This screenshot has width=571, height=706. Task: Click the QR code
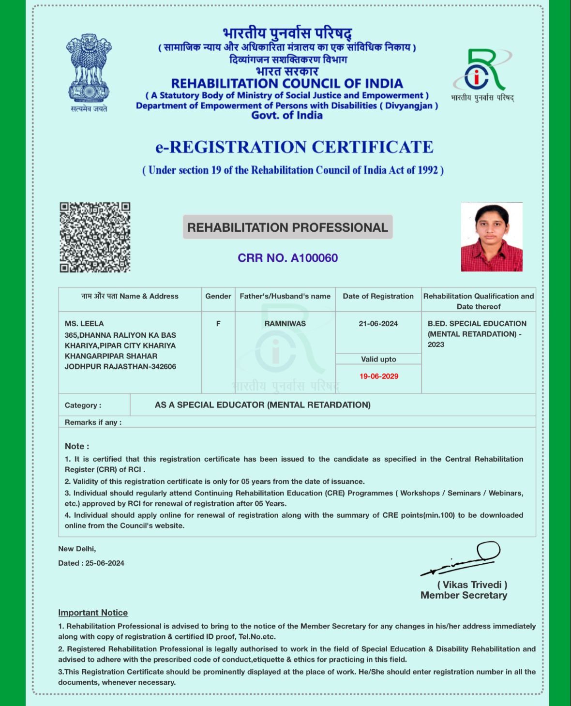click(x=95, y=237)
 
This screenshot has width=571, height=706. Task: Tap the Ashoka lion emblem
click(x=89, y=68)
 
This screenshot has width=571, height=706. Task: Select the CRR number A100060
click(x=287, y=258)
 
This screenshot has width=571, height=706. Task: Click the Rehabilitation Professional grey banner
click(x=287, y=227)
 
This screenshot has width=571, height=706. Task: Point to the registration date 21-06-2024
click(x=378, y=324)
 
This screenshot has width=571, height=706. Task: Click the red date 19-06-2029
click(x=378, y=376)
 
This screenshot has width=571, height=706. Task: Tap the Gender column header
click(x=218, y=296)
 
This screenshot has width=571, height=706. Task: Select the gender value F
click(x=218, y=324)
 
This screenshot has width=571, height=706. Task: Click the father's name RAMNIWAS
click(x=285, y=324)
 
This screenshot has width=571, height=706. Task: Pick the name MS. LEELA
click(x=84, y=324)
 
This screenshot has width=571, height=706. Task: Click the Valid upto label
click(x=378, y=359)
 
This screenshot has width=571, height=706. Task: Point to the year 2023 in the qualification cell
click(x=436, y=345)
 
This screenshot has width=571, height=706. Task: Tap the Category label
click(x=83, y=406)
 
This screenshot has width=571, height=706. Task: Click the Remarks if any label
click(x=93, y=422)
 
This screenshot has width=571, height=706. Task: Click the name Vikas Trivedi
click(x=472, y=585)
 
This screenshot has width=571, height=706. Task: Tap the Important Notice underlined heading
click(x=93, y=613)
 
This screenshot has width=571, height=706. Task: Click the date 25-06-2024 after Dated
click(x=105, y=563)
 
